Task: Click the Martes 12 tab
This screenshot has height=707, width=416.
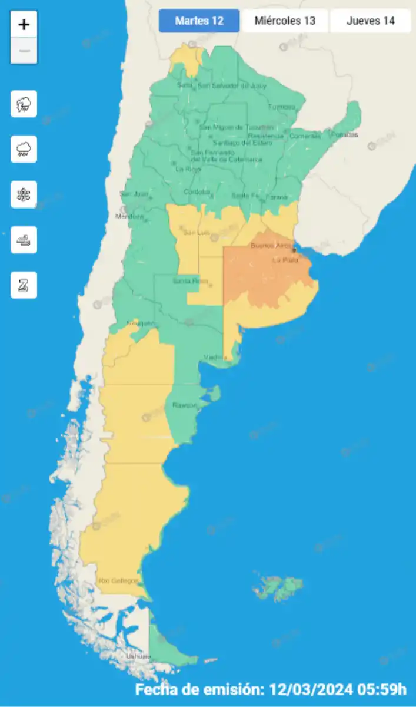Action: coord(199,21)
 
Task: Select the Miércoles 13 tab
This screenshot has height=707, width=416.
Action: coord(285,21)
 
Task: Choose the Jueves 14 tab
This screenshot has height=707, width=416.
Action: coord(370,21)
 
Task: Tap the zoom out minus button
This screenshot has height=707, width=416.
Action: coord(24,51)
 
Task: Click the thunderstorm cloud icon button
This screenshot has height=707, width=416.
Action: coord(24,104)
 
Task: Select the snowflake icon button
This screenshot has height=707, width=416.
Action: coord(24,194)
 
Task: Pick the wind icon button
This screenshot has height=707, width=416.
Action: coord(24,240)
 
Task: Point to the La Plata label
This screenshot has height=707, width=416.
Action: coord(284,260)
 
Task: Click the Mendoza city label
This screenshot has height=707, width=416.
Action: coord(132,216)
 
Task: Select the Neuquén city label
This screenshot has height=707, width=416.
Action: coord(140,323)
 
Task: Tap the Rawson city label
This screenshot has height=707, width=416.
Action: coord(184,405)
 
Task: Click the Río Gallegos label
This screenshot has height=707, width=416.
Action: coord(118,580)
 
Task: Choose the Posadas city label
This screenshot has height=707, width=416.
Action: coord(344,135)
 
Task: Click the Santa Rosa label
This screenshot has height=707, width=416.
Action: coord(186,281)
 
